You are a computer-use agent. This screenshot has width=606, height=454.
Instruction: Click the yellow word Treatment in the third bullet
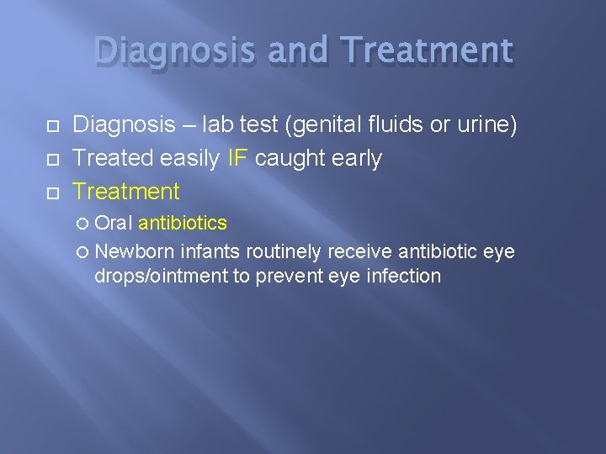click(x=126, y=192)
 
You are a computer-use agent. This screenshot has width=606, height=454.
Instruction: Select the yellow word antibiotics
click(x=183, y=223)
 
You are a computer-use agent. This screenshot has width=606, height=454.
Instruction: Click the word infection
click(x=404, y=275)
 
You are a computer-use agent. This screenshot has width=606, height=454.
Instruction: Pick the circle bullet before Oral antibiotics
click(x=82, y=224)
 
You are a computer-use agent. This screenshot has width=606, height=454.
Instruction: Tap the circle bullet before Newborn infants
click(x=82, y=251)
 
